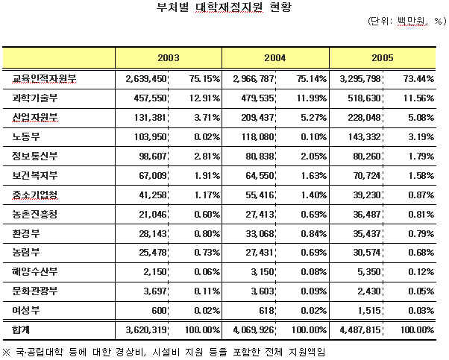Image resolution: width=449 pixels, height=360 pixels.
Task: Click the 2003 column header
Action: point(169,57)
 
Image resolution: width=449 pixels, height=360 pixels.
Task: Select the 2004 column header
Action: point(275,57)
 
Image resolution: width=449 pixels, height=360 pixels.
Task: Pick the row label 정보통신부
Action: point(37,156)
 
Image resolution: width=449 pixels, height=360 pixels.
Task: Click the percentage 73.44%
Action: point(418,78)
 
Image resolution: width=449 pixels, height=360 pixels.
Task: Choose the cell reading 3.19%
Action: point(421,136)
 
